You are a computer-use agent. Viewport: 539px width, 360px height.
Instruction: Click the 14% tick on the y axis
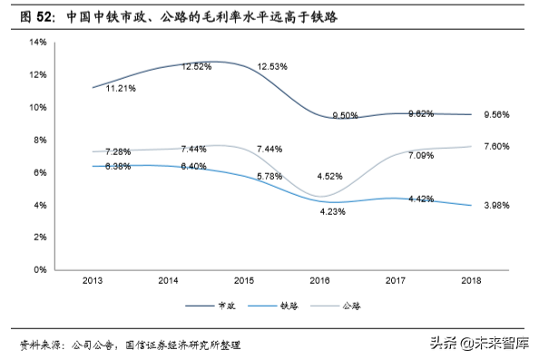coord(37,42)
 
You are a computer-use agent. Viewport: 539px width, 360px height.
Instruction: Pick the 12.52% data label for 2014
coord(196,66)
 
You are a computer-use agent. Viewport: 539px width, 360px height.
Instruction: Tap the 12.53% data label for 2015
coord(273,66)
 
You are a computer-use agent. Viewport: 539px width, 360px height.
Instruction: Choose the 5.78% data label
coord(271,174)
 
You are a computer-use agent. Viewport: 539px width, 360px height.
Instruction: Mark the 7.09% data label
coord(420,156)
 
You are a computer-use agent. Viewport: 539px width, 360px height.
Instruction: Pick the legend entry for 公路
coord(341,306)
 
